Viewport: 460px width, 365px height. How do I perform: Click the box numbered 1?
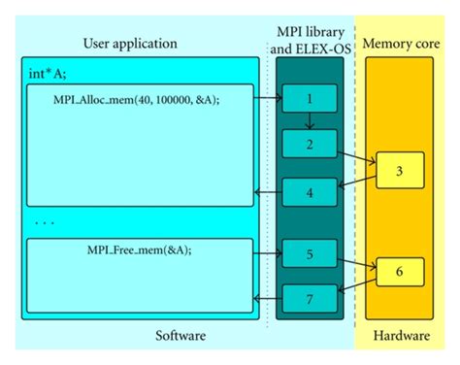coord(307,99)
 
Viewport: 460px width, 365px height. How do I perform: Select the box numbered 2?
coord(307,145)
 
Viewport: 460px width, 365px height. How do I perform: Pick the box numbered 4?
coord(307,194)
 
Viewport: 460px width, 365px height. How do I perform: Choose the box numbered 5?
coord(307,254)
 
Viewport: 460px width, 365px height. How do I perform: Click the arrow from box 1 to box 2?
coord(307,121)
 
